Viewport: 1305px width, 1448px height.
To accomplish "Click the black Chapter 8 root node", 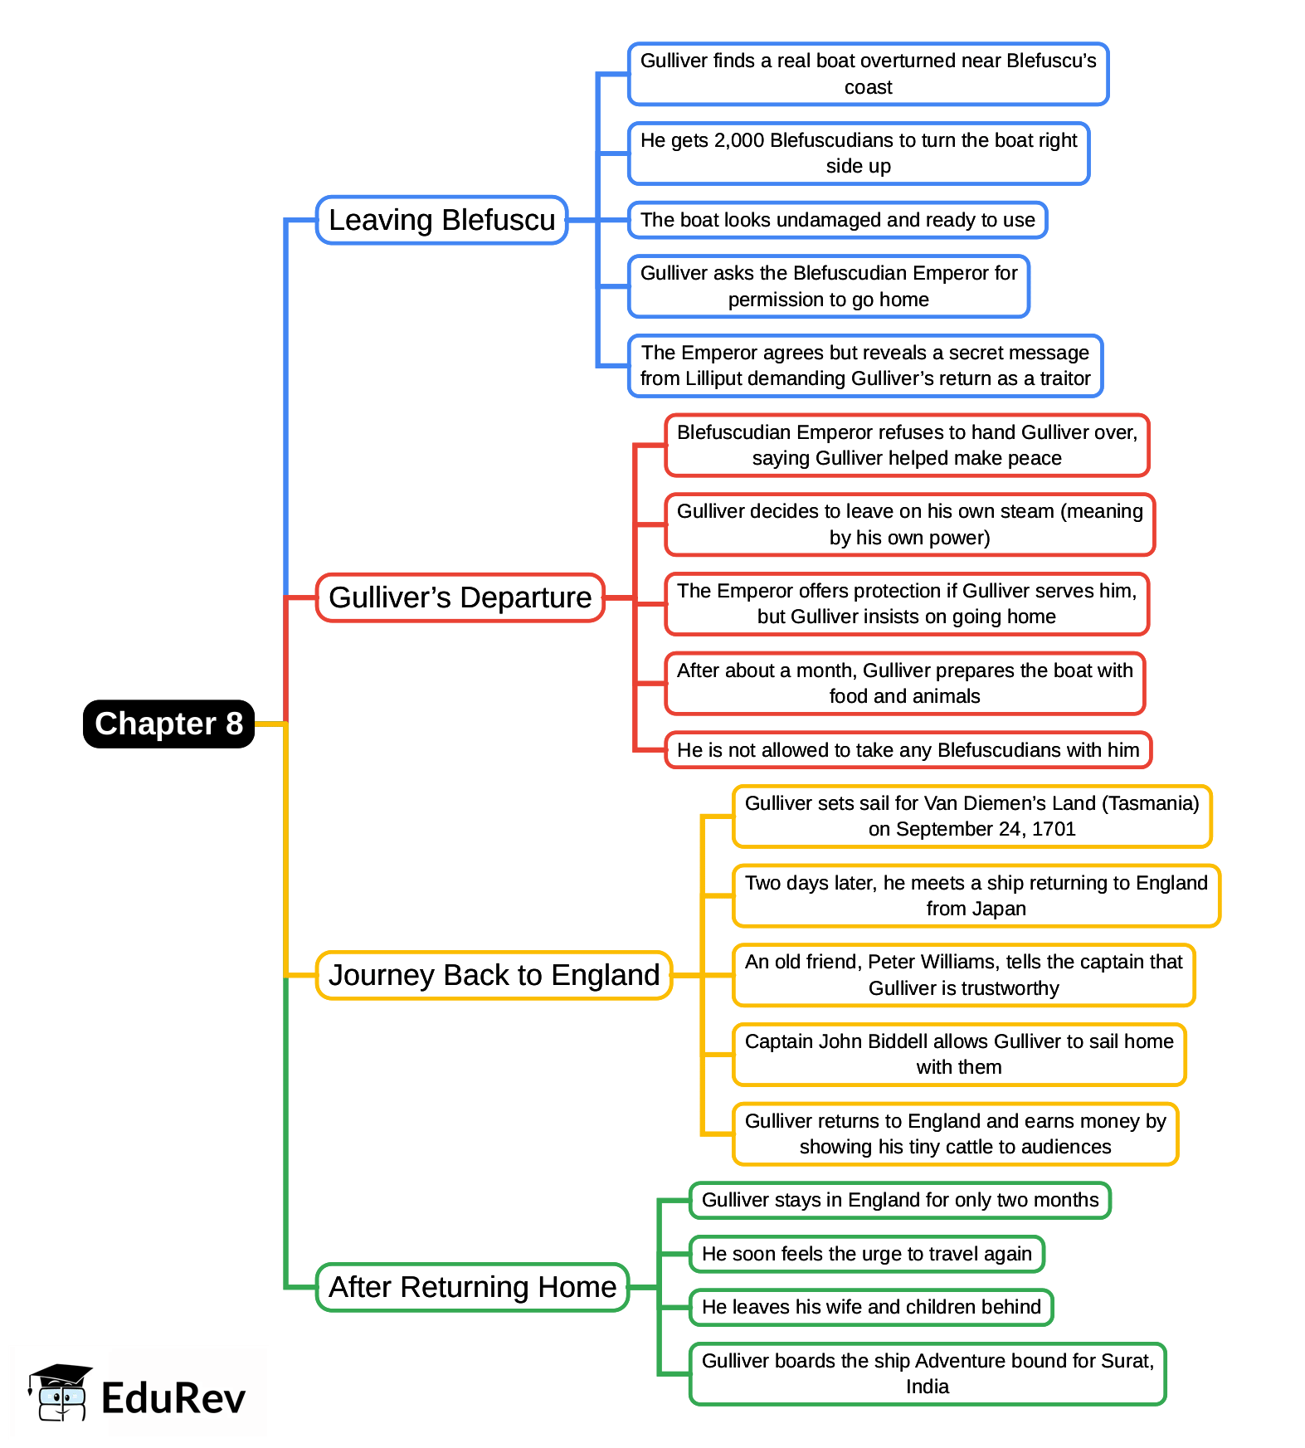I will point(168,724).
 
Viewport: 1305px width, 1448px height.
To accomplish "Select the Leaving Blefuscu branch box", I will point(441,220).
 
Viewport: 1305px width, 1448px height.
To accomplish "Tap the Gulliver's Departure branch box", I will point(460,597).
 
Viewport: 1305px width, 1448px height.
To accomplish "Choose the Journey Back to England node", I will point(494,975).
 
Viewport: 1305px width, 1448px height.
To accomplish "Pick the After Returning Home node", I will point(472,1287).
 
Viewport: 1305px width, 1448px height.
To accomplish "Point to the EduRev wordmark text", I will point(173,1398).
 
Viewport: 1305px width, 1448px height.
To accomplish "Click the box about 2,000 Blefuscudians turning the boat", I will point(858,154).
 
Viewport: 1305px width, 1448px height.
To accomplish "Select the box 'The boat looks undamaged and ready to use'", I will point(837,220).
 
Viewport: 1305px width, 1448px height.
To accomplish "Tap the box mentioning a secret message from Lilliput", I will point(864,366).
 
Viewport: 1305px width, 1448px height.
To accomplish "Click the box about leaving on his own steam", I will point(909,524).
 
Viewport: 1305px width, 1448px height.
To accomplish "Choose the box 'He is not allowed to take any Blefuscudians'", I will point(908,750).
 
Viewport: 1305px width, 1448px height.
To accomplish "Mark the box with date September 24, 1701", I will point(971,816).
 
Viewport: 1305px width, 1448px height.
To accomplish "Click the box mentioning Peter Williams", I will point(963,975).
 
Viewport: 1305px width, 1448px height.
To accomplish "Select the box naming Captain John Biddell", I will point(958,1055).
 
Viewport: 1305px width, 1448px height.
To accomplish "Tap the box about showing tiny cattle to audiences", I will point(955,1134).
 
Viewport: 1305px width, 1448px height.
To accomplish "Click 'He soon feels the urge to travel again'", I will point(866,1254).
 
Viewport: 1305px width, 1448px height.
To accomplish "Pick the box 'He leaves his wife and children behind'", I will point(871,1307).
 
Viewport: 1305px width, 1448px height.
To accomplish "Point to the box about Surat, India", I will point(927,1373).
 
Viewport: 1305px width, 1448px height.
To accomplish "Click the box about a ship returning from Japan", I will point(976,895).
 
